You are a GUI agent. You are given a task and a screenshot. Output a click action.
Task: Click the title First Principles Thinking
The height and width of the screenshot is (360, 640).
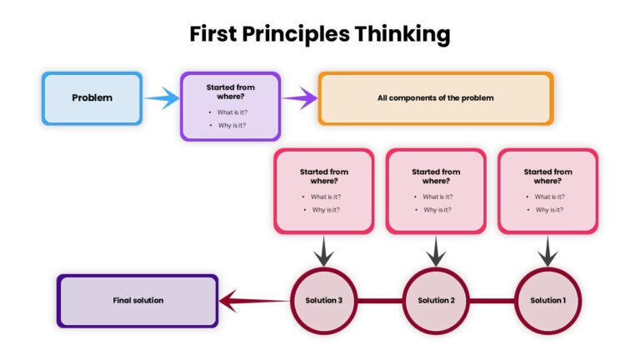pyautogui.click(x=320, y=34)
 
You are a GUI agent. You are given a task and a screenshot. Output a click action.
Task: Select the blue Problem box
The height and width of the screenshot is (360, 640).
pyautogui.click(x=92, y=98)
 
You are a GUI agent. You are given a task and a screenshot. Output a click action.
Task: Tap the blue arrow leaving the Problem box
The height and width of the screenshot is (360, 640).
pyautogui.click(x=161, y=99)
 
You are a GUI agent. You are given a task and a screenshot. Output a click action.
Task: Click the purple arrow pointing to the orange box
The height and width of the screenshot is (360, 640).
pyautogui.click(x=300, y=99)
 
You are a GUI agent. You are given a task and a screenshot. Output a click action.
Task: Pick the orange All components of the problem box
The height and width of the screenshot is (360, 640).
pyautogui.click(x=435, y=98)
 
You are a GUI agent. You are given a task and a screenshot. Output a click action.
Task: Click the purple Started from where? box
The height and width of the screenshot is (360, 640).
pyautogui.click(x=231, y=105)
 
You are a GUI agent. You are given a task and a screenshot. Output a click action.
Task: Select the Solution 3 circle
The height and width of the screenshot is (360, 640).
pyautogui.click(x=324, y=300)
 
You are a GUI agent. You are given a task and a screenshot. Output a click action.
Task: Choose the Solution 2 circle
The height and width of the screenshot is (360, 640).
pyautogui.click(x=436, y=300)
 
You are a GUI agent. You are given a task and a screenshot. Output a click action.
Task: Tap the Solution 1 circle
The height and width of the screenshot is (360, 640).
pyautogui.click(x=547, y=300)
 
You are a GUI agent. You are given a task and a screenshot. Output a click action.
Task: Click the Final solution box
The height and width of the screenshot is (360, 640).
pyautogui.click(x=137, y=300)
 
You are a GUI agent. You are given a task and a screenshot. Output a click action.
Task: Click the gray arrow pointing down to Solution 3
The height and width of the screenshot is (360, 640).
pyautogui.click(x=324, y=251)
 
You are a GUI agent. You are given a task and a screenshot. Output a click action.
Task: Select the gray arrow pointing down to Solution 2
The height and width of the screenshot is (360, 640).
pyautogui.click(x=436, y=251)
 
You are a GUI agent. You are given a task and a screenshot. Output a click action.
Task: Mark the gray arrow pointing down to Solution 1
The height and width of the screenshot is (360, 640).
pyautogui.click(x=547, y=251)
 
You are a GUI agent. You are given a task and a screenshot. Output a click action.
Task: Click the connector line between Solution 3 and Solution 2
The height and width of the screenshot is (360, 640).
pyautogui.click(x=380, y=300)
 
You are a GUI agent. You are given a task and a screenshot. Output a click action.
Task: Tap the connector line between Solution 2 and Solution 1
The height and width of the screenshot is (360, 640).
pyautogui.click(x=492, y=300)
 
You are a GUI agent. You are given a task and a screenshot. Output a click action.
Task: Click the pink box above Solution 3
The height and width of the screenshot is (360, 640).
pyautogui.click(x=324, y=190)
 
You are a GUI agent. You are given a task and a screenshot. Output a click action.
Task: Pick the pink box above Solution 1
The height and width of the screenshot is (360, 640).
pyautogui.click(x=547, y=190)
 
